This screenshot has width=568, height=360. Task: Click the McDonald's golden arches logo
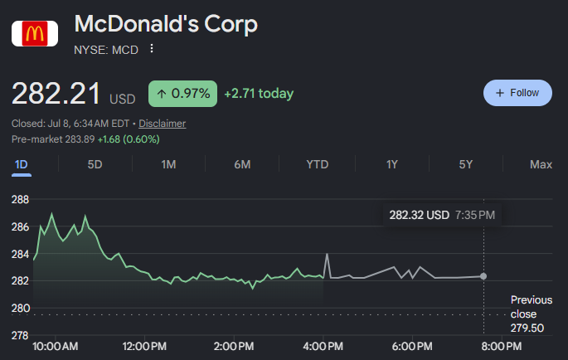click(x=35, y=34)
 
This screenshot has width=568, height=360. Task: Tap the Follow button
click(x=517, y=93)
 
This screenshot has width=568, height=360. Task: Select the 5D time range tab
click(x=95, y=164)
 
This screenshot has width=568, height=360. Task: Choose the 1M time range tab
click(x=169, y=164)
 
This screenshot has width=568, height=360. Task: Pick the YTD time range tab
click(x=318, y=164)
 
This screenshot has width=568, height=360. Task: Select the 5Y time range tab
click(x=466, y=164)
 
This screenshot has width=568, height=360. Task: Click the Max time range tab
click(x=541, y=164)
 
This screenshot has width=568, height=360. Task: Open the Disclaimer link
click(x=163, y=124)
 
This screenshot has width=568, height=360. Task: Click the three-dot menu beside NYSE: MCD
click(x=152, y=48)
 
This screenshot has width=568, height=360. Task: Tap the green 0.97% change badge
click(x=182, y=94)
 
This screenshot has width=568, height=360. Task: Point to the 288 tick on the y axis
click(x=20, y=199)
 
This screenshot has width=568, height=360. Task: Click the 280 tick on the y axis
click(x=20, y=309)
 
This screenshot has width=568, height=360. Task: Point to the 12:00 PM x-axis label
click(x=144, y=346)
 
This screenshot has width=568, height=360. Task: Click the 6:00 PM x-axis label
click(x=412, y=346)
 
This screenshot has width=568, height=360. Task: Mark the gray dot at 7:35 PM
click(x=483, y=276)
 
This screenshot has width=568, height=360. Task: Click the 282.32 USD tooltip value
click(x=419, y=215)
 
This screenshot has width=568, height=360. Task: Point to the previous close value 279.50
click(x=527, y=328)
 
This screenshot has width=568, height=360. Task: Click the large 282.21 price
click(x=56, y=94)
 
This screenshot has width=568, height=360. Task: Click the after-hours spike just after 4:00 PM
click(x=327, y=254)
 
